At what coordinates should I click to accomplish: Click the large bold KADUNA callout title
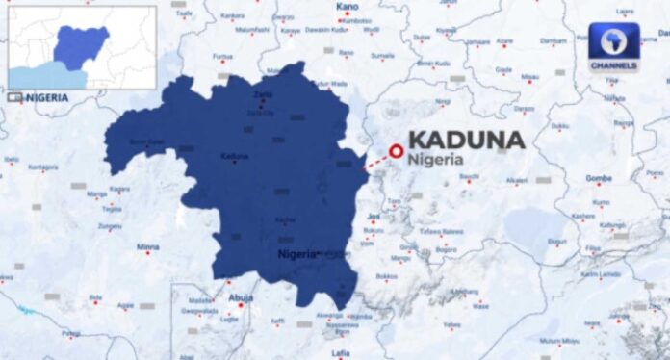click(467, 140)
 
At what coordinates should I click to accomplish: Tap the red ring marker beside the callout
click(395, 150)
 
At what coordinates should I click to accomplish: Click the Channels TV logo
click(613, 46)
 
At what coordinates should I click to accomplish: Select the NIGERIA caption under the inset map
click(46, 97)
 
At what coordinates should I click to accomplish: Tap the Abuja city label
click(240, 298)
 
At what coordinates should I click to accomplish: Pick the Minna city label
click(147, 247)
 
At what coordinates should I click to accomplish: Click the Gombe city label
click(599, 179)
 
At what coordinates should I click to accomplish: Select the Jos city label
click(374, 217)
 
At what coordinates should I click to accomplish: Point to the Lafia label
click(340, 353)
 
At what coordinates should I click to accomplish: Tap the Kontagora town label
click(41, 167)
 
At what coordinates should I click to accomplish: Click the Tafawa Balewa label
click(441, 231)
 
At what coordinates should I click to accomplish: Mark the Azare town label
click(504, 41)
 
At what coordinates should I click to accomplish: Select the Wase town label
click(481, 307)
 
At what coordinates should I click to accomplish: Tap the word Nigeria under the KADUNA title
click(435, 159)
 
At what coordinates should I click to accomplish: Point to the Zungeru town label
click(109, 226)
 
